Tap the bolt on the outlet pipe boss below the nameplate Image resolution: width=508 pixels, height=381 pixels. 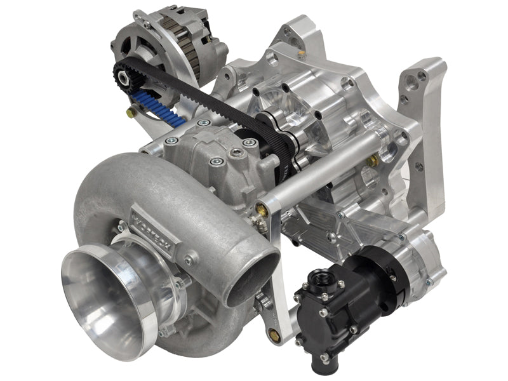click(189, 260)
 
